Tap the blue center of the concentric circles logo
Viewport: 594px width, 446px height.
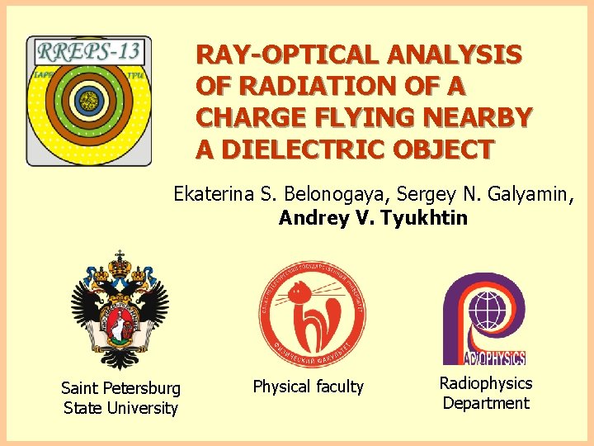coord(87,102)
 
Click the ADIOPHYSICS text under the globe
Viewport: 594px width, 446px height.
coord(495,358)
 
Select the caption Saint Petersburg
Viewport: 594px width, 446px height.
coord(120,387)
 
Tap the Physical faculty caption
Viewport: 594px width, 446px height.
coord(308,387)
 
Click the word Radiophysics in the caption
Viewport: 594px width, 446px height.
coord(486,383)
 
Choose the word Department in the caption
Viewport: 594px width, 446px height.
coord(486,403)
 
